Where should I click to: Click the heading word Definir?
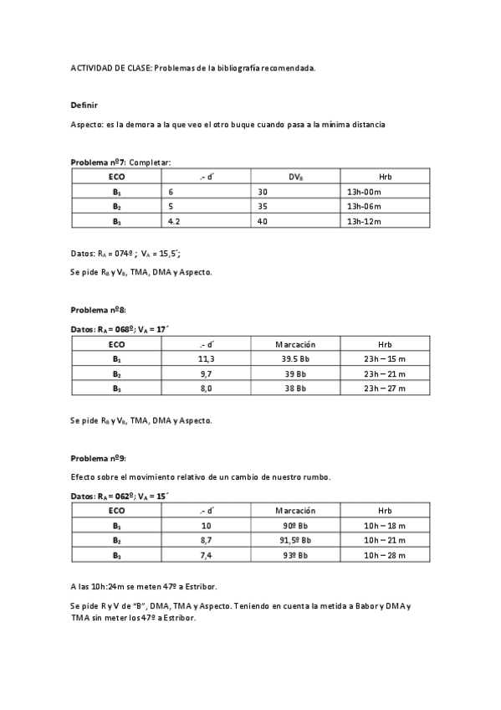[84, 105]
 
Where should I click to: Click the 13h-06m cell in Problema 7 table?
[364, 206]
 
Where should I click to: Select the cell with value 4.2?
[175, 221]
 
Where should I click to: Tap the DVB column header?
[296, 177]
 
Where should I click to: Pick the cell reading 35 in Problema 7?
[263, 206]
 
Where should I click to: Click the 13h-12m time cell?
[364, 221]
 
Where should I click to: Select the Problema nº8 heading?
[98, 310]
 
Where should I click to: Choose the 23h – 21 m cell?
[385, 374]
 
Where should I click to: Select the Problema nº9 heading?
[98, 458]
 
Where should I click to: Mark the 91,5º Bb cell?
[295, 541]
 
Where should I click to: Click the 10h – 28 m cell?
[385, 555]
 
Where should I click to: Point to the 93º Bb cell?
[295, 555]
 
